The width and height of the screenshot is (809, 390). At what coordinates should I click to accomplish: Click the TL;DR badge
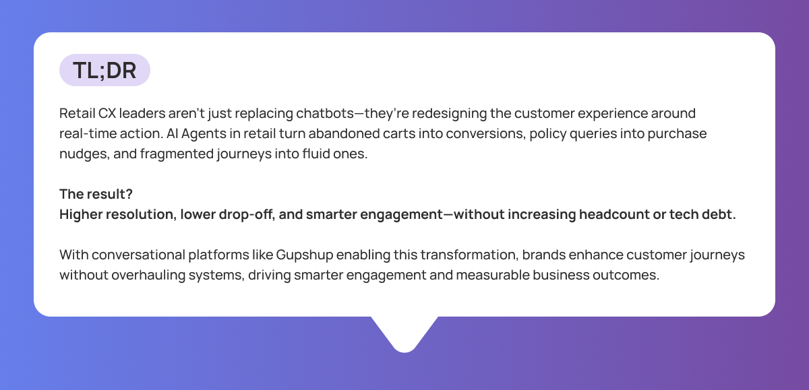104,70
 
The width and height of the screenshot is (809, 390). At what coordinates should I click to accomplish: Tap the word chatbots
325,113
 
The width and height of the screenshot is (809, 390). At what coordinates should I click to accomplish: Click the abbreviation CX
107,113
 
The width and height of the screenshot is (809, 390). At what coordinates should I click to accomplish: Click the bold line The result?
96,194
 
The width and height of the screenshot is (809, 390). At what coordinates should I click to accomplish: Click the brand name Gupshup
305,255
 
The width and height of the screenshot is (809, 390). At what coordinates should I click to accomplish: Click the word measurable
493,275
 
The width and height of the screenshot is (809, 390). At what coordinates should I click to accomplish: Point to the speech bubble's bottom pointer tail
404,333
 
